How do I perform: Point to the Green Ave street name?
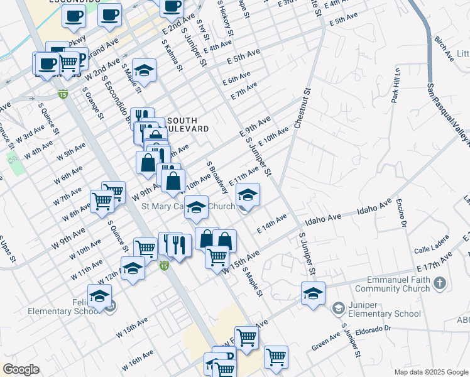[x=325, y=344]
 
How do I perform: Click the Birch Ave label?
[x=444, y=48]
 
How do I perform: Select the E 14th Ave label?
[x=271, y=224]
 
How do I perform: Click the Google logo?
[x=21, y=369]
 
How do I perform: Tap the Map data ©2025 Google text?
[x=430, y=372]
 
